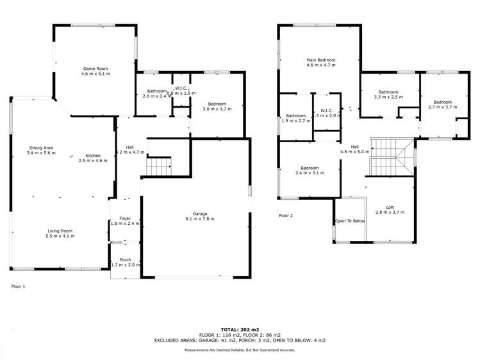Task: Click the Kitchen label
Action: click(94, 155)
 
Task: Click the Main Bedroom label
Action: click(321, 60)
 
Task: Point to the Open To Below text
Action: click(350, 221)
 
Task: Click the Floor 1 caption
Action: click(19, 286)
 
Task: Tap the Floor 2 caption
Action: click(286, 216)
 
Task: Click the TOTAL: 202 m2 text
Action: click(240, 329)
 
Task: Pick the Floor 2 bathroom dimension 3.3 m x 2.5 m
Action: click(388, 97)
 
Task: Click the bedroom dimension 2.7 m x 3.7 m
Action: click(442, 108)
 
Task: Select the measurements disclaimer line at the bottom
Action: click(240, 350)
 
